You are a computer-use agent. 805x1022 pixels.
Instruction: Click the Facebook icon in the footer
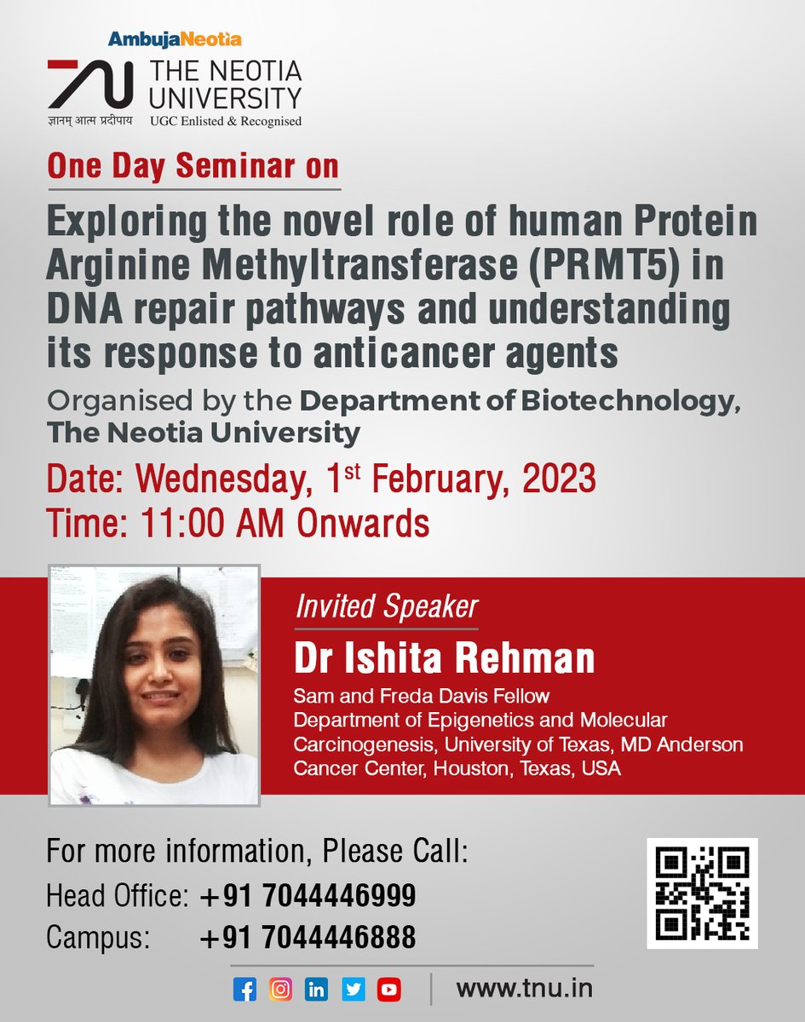244,990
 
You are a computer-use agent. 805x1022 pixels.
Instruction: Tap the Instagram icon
279,990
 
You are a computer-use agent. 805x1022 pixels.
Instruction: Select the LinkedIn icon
316,990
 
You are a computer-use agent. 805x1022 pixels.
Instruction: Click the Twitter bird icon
353,990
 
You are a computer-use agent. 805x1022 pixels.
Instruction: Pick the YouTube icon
389,990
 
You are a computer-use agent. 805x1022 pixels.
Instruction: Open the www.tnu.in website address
524,990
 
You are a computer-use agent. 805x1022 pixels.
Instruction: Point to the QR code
701,893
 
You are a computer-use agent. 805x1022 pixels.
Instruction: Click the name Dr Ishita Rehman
444,658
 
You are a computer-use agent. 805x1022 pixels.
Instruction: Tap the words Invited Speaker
386,607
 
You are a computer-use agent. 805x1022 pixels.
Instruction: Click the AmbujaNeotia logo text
175,38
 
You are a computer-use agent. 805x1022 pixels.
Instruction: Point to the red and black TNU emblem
89,84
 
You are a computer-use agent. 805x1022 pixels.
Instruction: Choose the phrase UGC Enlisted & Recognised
226,121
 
